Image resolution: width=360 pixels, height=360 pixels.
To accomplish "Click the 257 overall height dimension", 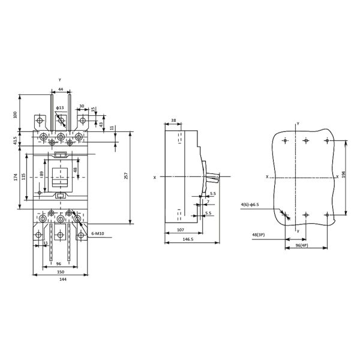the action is click(x=126, y=175).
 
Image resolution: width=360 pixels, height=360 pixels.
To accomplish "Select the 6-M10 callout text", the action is click(x=98, y=234).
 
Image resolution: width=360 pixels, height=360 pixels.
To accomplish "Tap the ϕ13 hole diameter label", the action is click(x=60, y=107).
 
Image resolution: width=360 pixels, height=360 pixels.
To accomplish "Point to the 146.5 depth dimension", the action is click(x=188, y=239).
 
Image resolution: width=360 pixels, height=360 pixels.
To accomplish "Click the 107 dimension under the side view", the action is click(x=181, y=230).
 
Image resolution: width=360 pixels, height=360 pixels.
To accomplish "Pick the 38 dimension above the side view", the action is click(x=173, y=120).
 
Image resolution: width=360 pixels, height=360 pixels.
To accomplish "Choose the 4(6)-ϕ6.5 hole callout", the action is click(x=250, y=205).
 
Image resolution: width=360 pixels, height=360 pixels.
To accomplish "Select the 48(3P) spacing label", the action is click(x=259, y=235).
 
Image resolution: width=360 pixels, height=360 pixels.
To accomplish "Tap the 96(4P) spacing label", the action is click(x=302, y=245).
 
